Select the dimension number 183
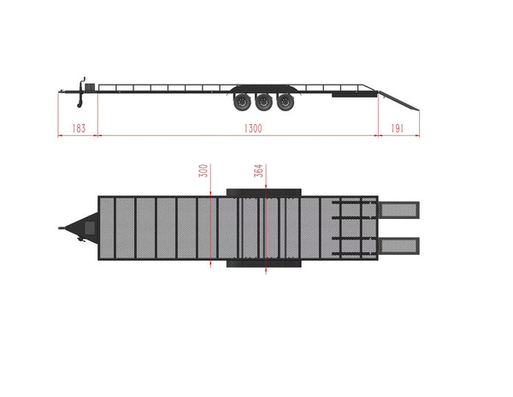tap(79, 127)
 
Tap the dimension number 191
tap(398, 127)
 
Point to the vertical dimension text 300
tap(203, 170)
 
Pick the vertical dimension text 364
tap(259, 170)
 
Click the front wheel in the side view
tap(242, 103)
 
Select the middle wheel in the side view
tap(263, 103)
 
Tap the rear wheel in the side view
tap(285, 103)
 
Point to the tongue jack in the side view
tap(82, 95)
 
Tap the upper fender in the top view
tap(263, 192)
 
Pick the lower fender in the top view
tap(263, 263)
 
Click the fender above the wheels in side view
tap(263, 89)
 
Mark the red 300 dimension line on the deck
tap(209, 227)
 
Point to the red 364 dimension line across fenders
tap(266, 227)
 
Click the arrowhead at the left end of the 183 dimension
tap(61, 134)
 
